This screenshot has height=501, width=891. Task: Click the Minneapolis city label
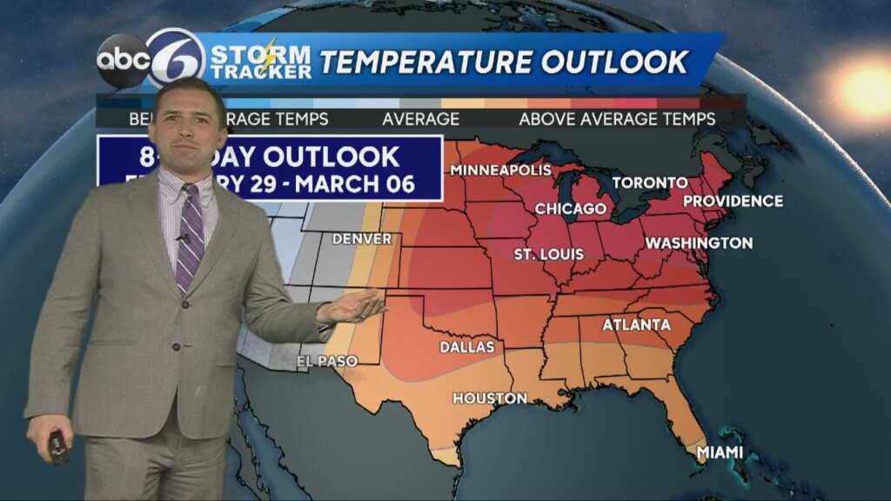click(x=500, y=169)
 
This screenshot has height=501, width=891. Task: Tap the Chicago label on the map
click(x=570, y=209)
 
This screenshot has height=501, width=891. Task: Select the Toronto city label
click(x=650, y=183)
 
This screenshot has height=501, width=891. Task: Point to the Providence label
click(x=733, y=201)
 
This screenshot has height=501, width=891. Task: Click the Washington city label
click(x=699, y=243)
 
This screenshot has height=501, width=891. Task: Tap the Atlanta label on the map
click(x=637, y=325)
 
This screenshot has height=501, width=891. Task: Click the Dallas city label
click(x=467, y=347)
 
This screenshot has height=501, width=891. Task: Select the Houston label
click(x=489, y=398)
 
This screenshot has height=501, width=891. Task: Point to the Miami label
click(x=720, y=452)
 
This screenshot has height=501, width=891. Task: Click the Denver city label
click(x=361, y=238)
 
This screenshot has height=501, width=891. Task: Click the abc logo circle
click(x=122, y=61)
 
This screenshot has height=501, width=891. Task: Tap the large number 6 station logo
click(x=176, y=59)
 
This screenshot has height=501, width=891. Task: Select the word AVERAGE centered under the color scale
click(x=420, y=119)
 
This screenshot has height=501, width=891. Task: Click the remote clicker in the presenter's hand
click(x=58, y=447)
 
